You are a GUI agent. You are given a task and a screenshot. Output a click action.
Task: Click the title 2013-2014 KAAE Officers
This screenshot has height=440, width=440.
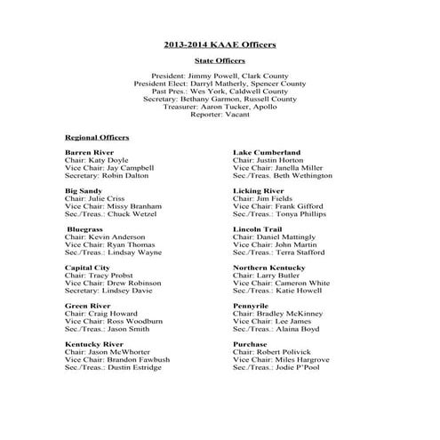[220, 44]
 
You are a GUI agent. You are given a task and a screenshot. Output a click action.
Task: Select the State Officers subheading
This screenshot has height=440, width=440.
[220, 60]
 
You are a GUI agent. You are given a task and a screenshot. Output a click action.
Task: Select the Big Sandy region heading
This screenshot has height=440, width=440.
[83, 191]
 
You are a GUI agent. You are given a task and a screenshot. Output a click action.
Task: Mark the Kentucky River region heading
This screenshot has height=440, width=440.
[92, 343]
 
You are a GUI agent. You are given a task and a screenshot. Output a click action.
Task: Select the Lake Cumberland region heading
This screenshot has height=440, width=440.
[267, 153]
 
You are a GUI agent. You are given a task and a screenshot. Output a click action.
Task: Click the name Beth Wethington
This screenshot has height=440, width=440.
[300, 176]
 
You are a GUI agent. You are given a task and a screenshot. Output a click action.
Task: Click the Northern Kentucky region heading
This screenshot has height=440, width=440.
[269, 267]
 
